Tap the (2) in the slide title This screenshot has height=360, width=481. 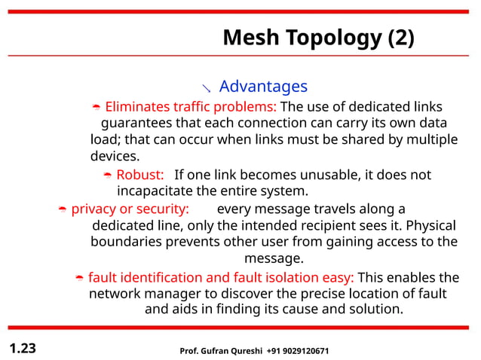coord(400,38)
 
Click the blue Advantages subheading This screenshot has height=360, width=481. coord(263,87)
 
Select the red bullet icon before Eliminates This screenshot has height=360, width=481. coord(96,108)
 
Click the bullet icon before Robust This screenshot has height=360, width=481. coord(108,176)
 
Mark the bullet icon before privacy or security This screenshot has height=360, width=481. coord(63,210)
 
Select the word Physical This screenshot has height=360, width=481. coord(430,225)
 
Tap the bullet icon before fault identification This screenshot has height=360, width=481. coord(79,279)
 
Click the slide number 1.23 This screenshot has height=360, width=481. coord(23,349)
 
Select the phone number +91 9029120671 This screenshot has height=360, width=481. coord(298,352)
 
